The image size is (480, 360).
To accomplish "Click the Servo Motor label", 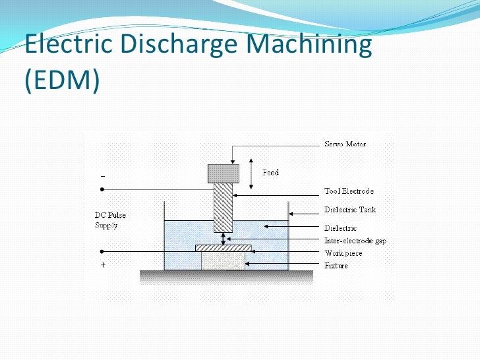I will [345, 144].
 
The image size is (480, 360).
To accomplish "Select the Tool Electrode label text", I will [349, 191].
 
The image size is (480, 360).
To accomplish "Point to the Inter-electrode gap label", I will [355, 241].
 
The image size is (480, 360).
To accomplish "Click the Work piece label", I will [344, 253].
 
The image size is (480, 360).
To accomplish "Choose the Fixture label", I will [336, 266].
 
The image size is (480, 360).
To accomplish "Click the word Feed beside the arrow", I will [270, 173].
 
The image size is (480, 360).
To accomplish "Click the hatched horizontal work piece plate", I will [225, 248].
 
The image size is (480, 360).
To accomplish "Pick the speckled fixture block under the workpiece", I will [223, 260].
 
